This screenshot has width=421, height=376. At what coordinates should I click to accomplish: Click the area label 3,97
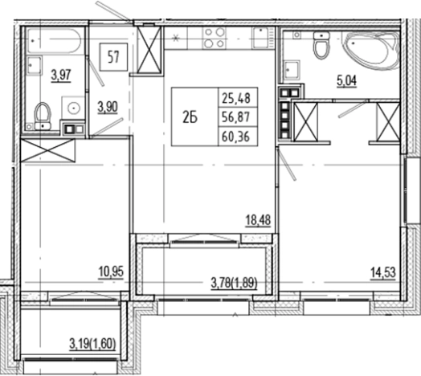(59, 76)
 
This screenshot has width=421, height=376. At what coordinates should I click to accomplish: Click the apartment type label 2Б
(190, 116)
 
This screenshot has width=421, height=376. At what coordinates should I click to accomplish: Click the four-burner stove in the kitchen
(215, 36)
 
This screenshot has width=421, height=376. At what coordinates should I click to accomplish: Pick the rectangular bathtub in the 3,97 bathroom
(51, 41)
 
